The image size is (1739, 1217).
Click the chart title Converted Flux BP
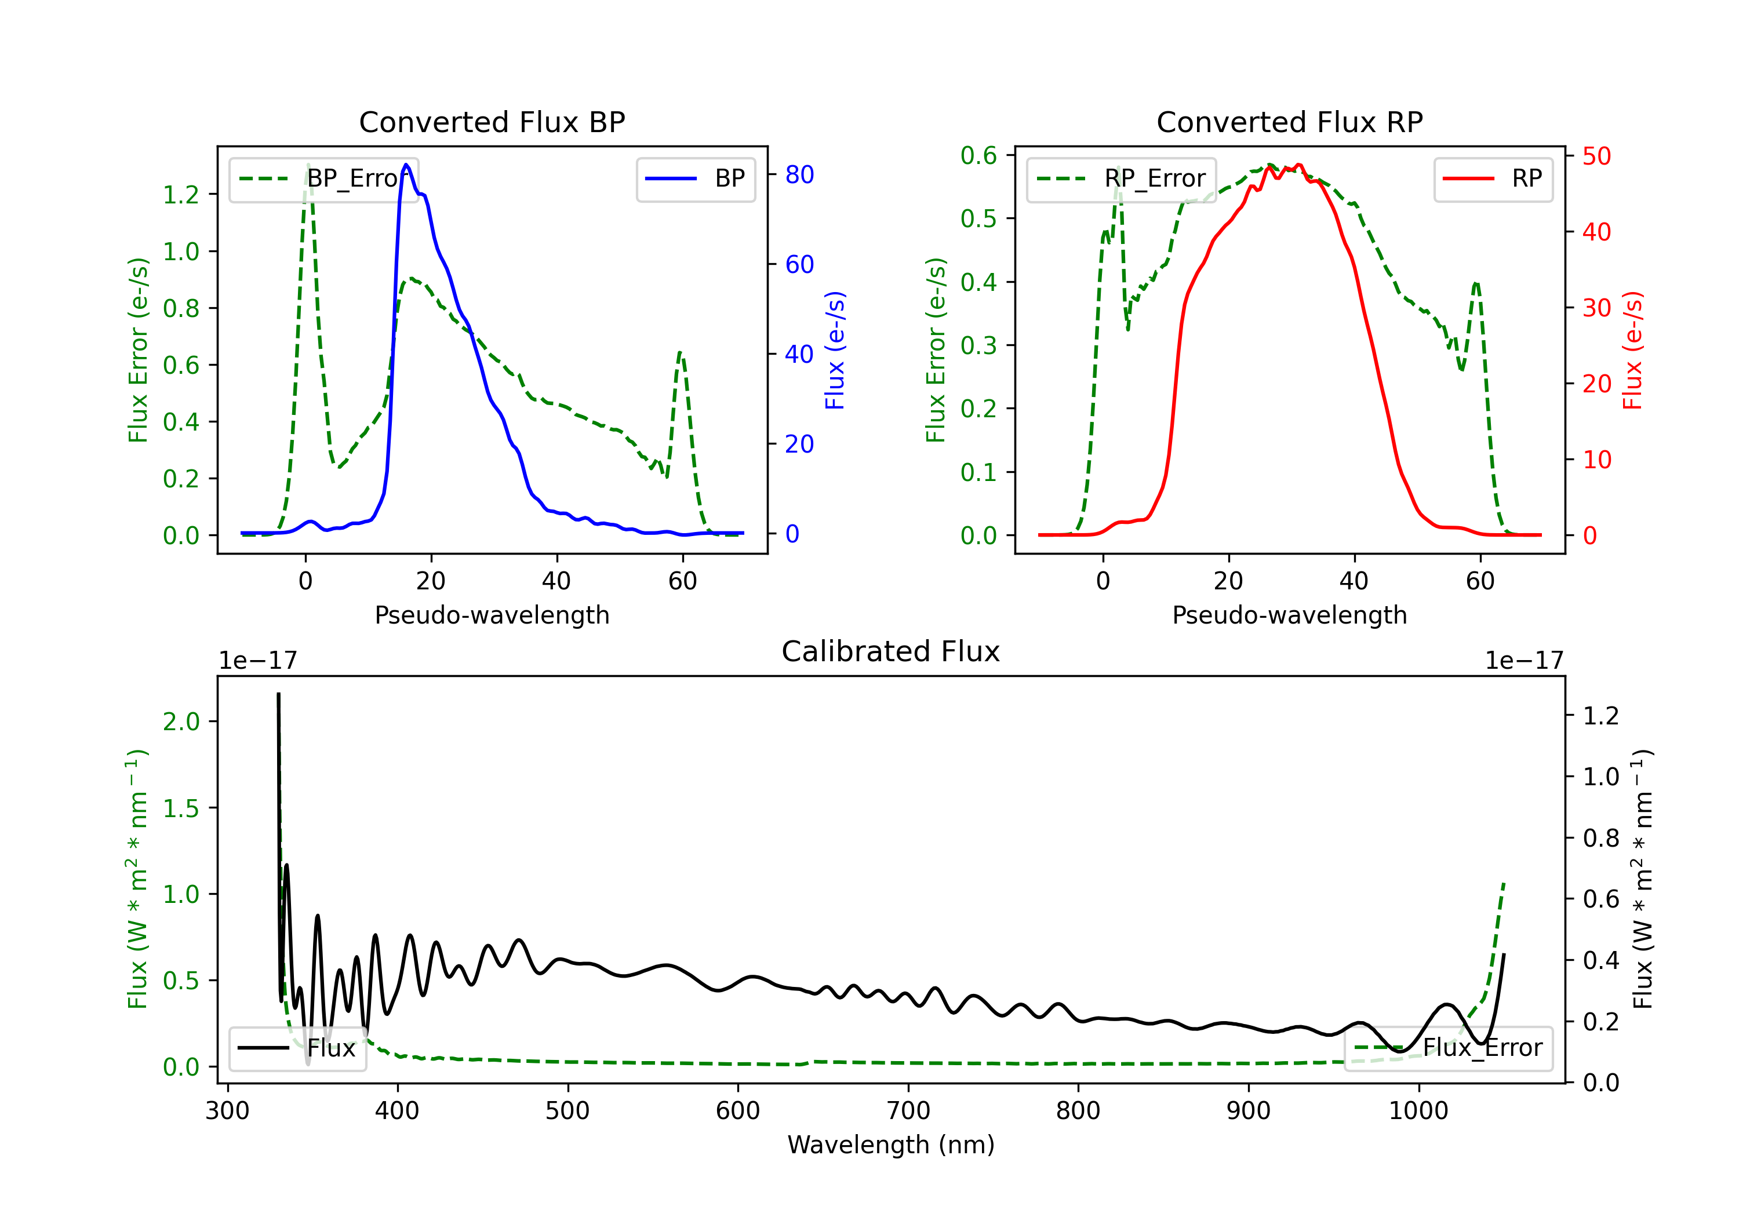pyautogui.click(x=492, y=122)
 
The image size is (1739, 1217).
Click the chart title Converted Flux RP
pyautogui.click(x=1289, y=122)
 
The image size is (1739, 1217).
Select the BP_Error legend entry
pyautogui.click(x=323, y=178)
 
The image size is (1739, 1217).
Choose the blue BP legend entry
pyautogui.click(x=695, y=178)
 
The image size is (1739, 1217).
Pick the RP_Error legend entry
pyautogui.click(x=1121, y=178)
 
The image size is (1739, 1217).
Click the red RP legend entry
pyautogui.click(x=1493, y=178)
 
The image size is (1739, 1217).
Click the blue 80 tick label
pyautogui.click(x=799, y=175)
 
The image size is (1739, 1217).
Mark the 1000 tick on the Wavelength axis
pyautogui.click(x=1418, y=1111)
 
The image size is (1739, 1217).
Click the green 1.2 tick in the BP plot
pyautogui.click(x=181, y=195)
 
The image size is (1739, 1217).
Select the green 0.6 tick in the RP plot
pyautogui.click(x=978, y=155)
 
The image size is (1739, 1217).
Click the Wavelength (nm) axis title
pyautogui.click(x=891, y=1145)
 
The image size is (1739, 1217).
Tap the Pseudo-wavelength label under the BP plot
pyautogui.click(x=492, y=615)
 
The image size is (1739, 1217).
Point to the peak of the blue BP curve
pyautogui.click(x=407, y=165)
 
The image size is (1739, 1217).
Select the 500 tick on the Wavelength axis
pyautogui.click(x=567, y=1111)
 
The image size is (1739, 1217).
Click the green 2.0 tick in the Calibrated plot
pyautogui.click(x=181, y=721)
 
